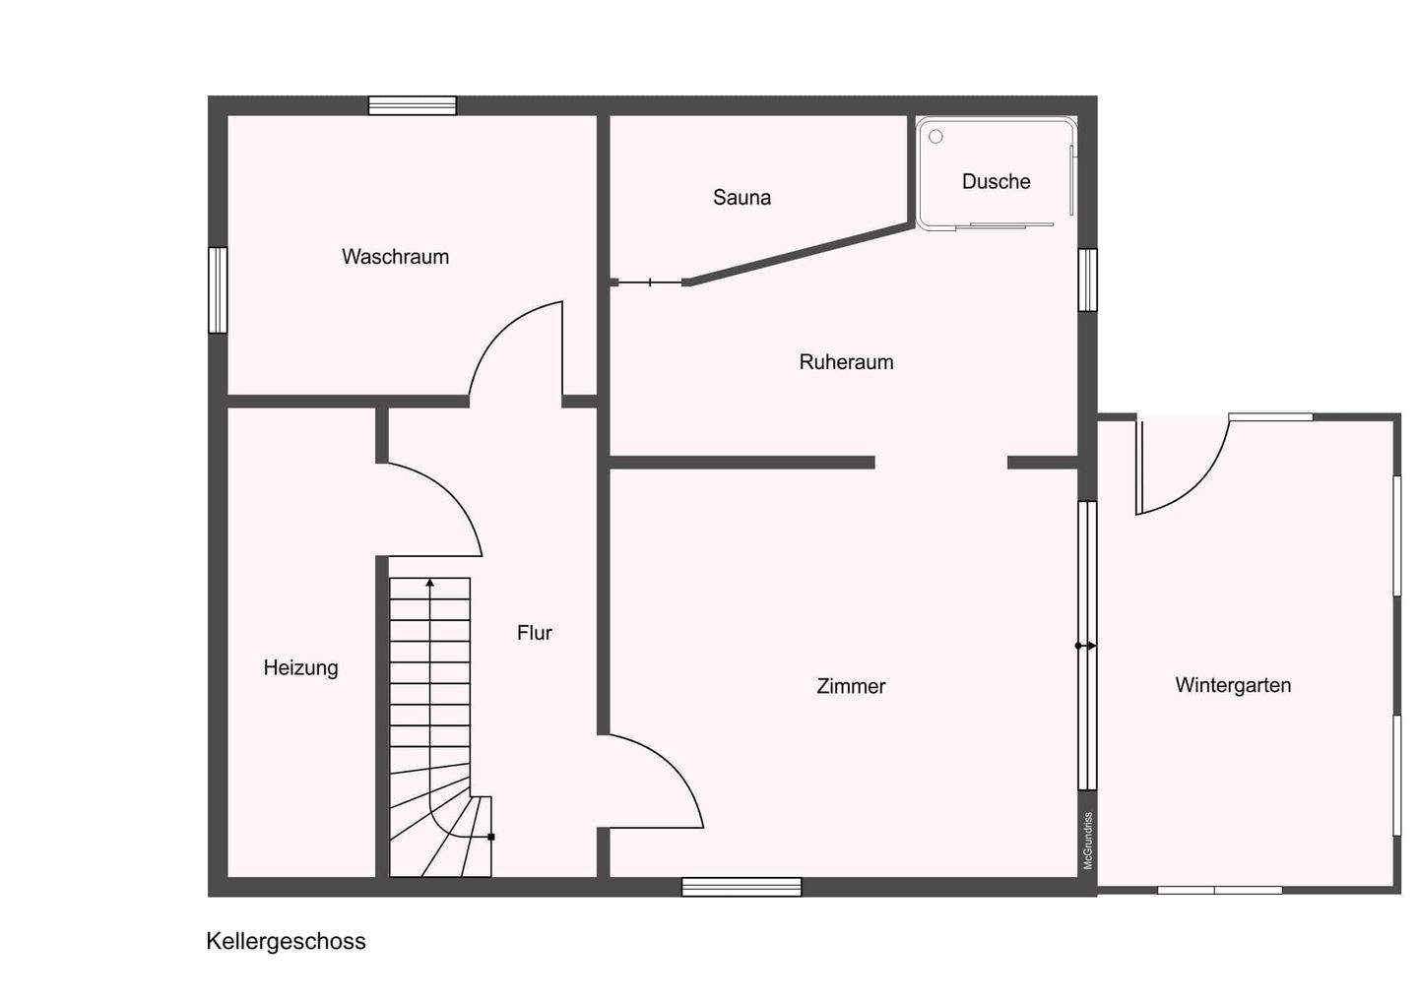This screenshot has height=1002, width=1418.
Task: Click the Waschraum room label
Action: coord(395,257)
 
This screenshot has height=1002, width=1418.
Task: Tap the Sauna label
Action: coord(741,198)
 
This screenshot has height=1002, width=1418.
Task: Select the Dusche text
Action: coord(996,181)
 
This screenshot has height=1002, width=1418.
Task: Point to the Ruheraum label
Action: coord(847,362)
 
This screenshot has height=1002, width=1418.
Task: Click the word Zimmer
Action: coord(851,686)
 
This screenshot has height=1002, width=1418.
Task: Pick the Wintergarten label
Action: coord(1233,685)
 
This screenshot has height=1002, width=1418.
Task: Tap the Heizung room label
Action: coord(300,668)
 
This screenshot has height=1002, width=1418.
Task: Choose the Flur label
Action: coord(535,633)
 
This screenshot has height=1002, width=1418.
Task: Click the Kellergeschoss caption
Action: coord(286,941)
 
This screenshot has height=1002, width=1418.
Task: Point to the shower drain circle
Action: coord(935,136)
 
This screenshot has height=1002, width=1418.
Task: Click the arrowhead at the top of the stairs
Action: coord(429,582)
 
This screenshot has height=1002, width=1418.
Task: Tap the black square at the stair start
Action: coord(491,837)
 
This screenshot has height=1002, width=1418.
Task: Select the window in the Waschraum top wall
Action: coord(412,105)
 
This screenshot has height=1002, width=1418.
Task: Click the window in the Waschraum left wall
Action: coord(218,289)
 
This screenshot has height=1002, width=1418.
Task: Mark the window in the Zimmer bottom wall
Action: coord(741,887)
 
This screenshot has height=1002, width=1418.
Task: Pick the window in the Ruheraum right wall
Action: coord(1087,280)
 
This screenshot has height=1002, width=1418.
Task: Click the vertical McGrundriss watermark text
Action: coord(1088,841)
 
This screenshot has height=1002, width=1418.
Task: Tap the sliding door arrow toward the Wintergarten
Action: coord(1085,646)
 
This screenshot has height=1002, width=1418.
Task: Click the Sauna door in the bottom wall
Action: coord(650,282)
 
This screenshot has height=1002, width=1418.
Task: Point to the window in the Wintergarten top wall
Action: coord(1270,417)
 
